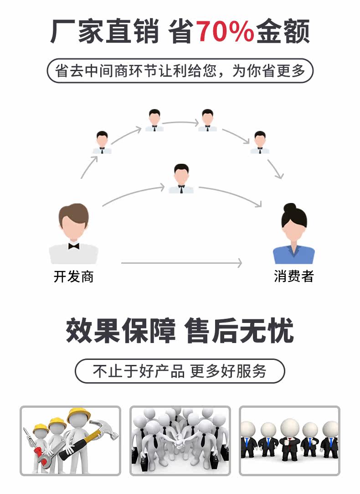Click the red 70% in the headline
225,32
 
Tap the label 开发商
73,276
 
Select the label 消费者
294,276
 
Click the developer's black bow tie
73,246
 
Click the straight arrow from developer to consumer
181,263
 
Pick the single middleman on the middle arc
181,178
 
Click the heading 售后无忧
240,331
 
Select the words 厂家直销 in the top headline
105,32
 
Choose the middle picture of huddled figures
180,440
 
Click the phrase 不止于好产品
139,371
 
